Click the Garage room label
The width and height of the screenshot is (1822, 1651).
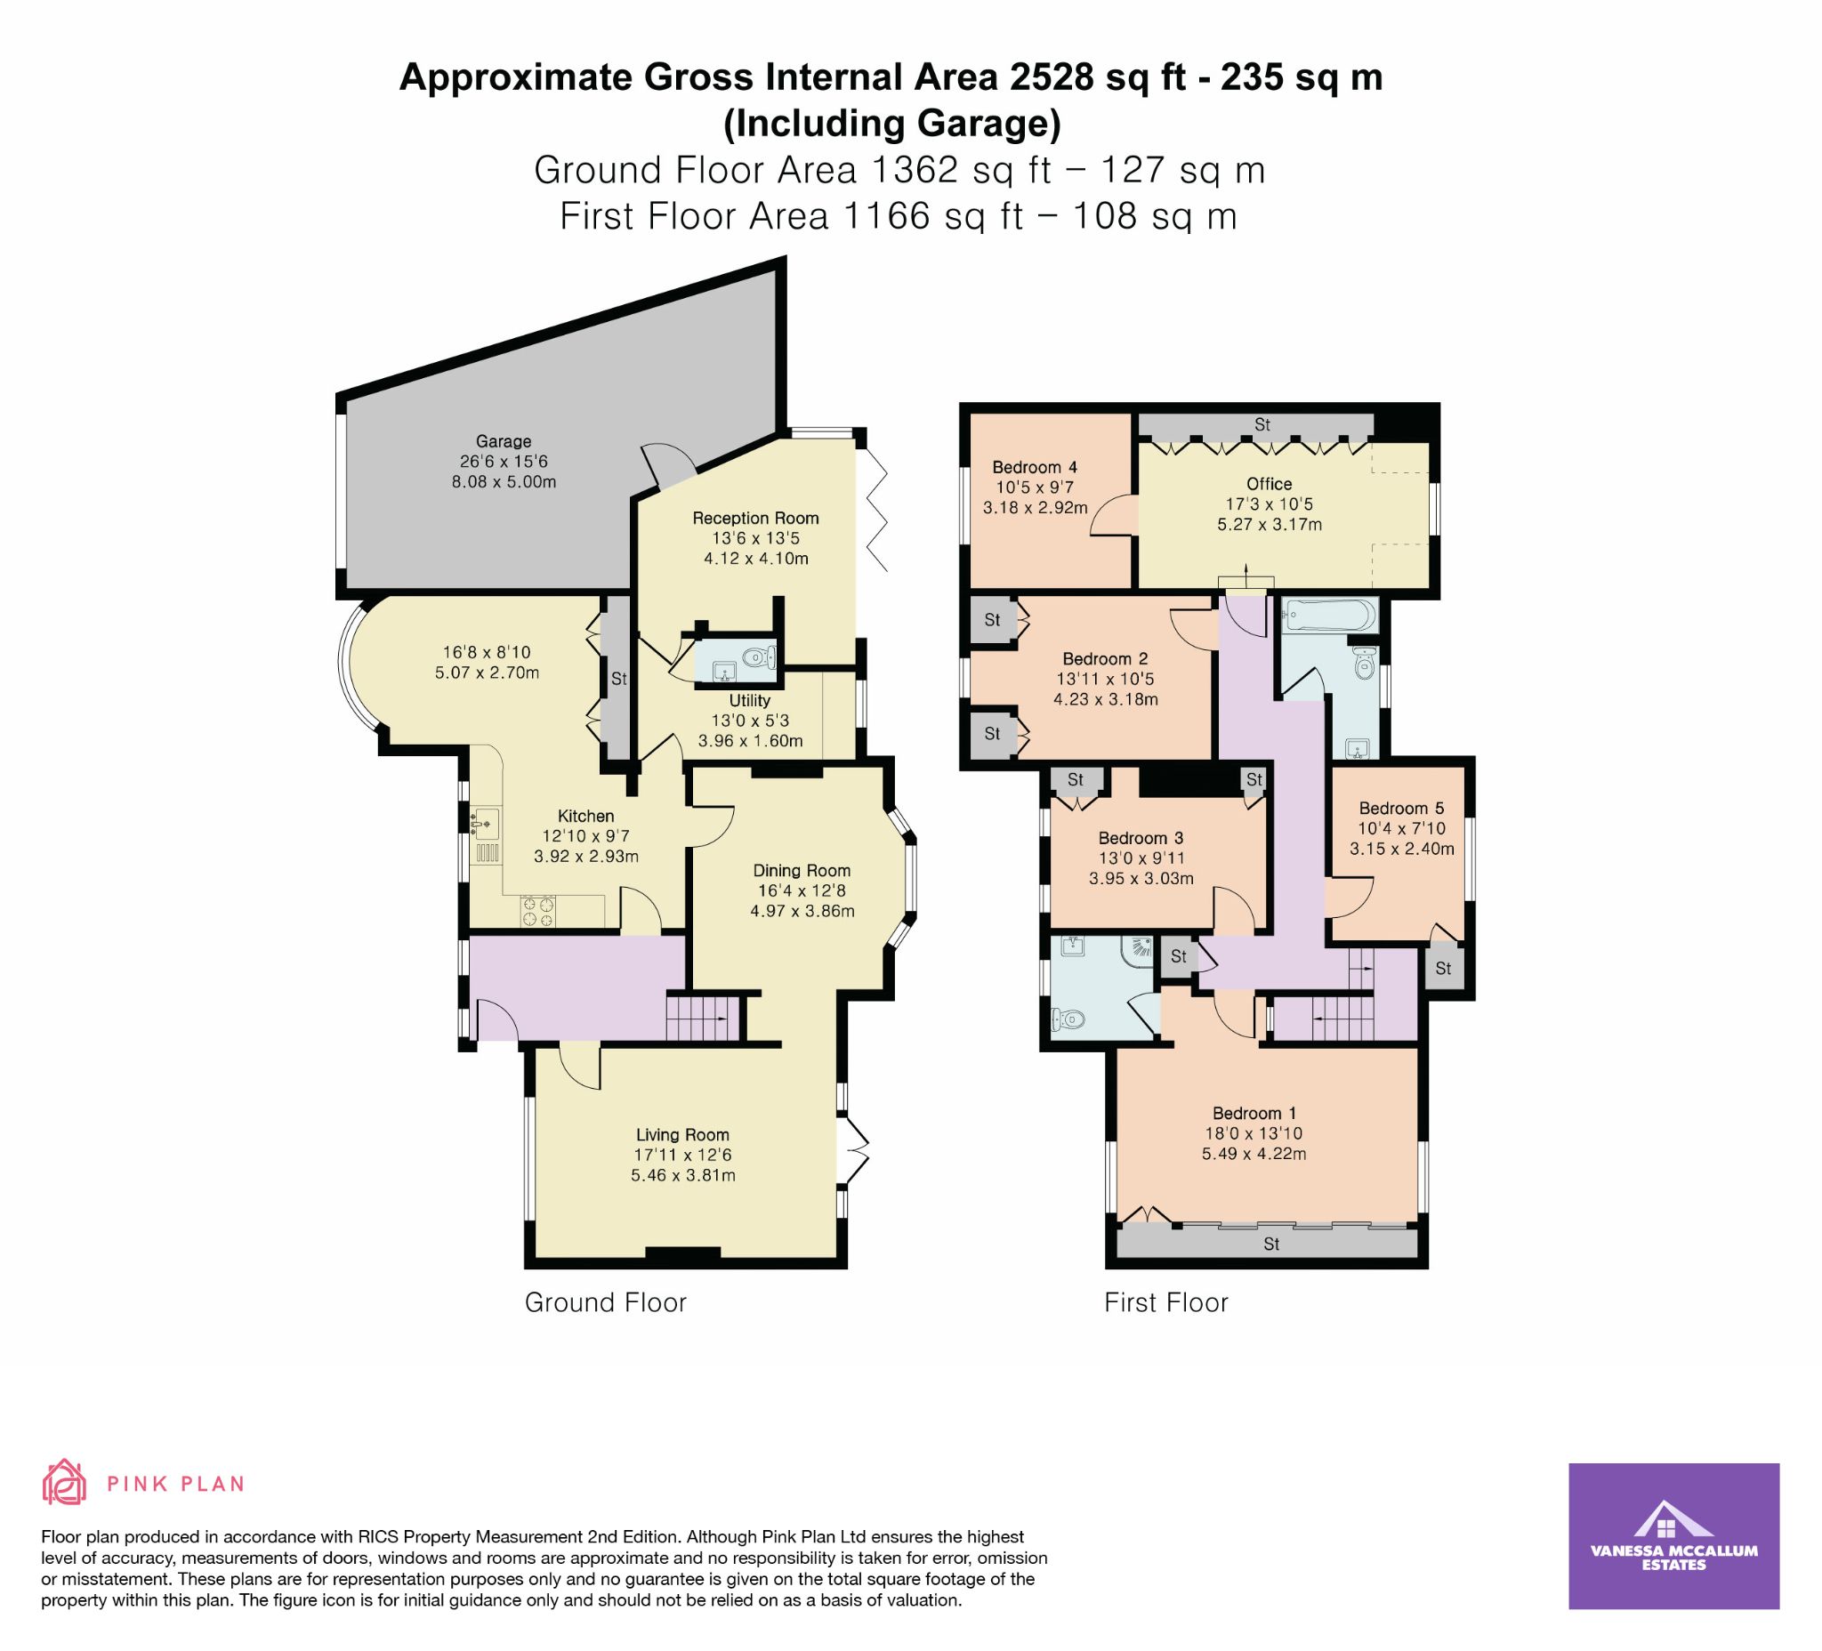point(504,442)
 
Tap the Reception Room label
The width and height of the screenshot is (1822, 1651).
point(755,518)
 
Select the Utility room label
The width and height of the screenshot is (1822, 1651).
point(750,700)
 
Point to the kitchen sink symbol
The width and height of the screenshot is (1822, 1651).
point(486,822)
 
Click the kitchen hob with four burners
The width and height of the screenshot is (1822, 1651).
point(536,911)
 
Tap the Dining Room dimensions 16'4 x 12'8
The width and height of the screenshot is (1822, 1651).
point(802,891)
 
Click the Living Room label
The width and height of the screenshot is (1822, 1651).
point(682,1135)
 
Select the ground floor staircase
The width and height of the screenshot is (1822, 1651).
point(703,1018)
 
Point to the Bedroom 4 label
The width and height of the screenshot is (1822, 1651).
point(1035,467)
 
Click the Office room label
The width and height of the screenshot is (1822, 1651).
point(1269,483)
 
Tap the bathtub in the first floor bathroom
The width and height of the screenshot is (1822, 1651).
point(1329,616)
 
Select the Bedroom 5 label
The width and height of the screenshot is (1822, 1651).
point(1402,808)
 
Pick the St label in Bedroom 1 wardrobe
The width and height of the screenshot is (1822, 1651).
point(1271,1244)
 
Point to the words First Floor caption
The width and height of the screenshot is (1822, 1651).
point(1165,1302)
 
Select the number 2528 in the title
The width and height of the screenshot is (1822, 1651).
point(1052,77)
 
